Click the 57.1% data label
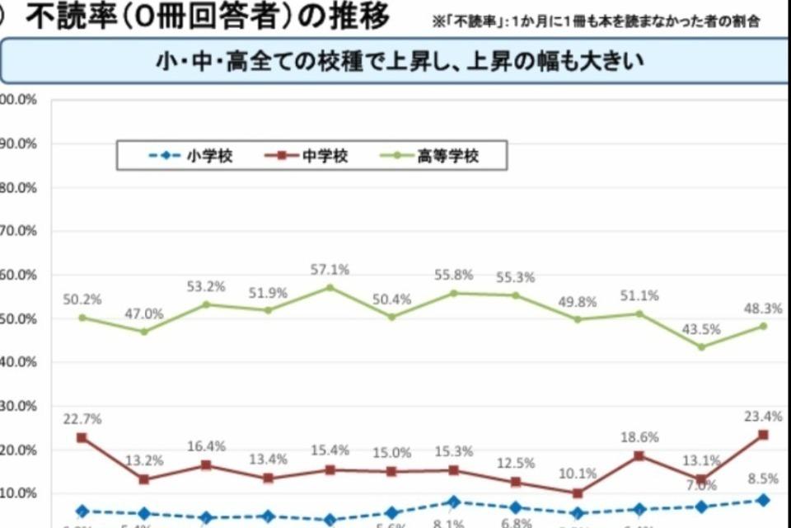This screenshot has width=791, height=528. click(x=330, y=269)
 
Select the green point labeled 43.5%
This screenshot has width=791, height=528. click(x=701, y=346)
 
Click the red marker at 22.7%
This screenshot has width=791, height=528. click(x=82, y=437)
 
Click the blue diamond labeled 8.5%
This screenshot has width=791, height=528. click(x=763, y=500)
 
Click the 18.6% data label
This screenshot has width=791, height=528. click(x=639, y=437)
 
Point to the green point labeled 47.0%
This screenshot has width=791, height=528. click(x=144, y=332)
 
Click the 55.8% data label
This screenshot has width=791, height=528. click(x=454, y=275)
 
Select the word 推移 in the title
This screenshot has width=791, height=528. click(x=358, y=16)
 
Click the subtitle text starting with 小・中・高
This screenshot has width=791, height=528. click(x=400, y=62)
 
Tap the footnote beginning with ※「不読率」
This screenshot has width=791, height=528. click(x=597, y=21)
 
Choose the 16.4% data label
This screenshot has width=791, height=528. click(x=206, y=446)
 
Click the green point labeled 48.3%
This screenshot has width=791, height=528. click(x=763, y=326)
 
